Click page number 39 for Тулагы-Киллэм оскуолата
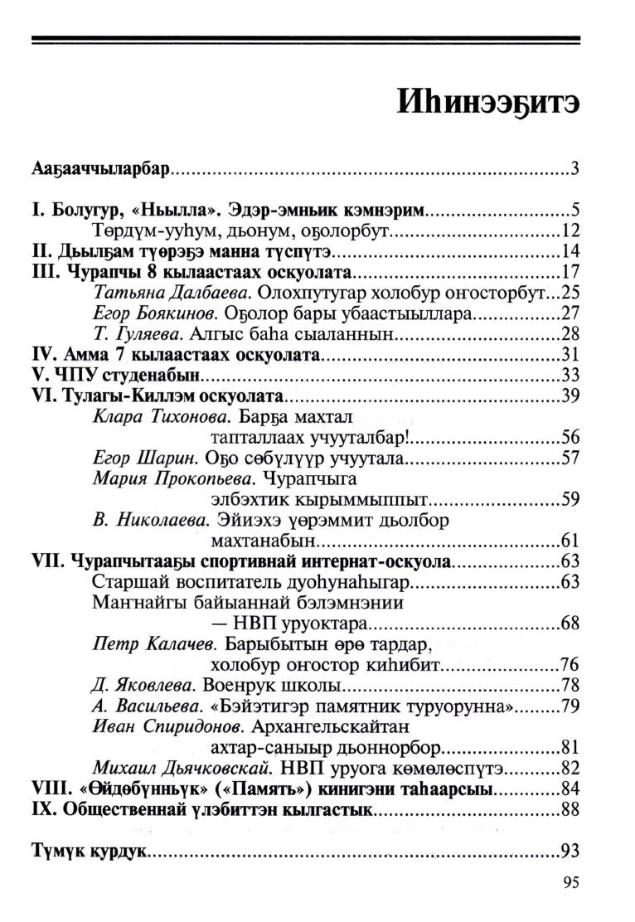point(569,395)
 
